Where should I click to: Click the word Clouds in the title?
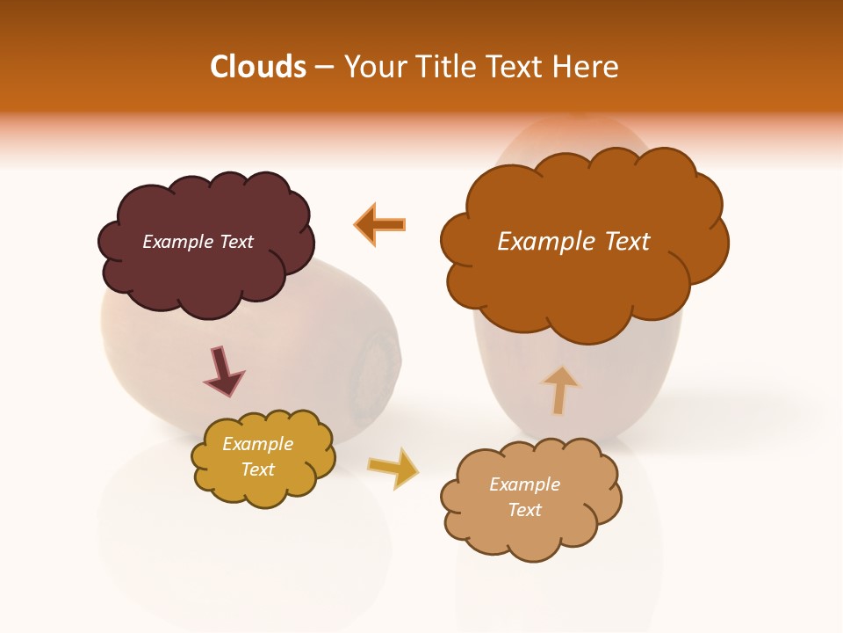coord(258,67)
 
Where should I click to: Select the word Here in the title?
coord(588,67)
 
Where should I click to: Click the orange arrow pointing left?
coord(381,224)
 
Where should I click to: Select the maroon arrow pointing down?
coord(222,371)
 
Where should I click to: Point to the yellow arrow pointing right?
coord(394,468)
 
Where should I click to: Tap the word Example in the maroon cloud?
coord(177,242)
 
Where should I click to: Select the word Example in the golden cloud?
coord(257,445)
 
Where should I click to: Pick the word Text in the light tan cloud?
coord(524,510)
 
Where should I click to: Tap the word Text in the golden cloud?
coord(257,469)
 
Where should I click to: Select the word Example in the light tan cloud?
coord(524,484)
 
